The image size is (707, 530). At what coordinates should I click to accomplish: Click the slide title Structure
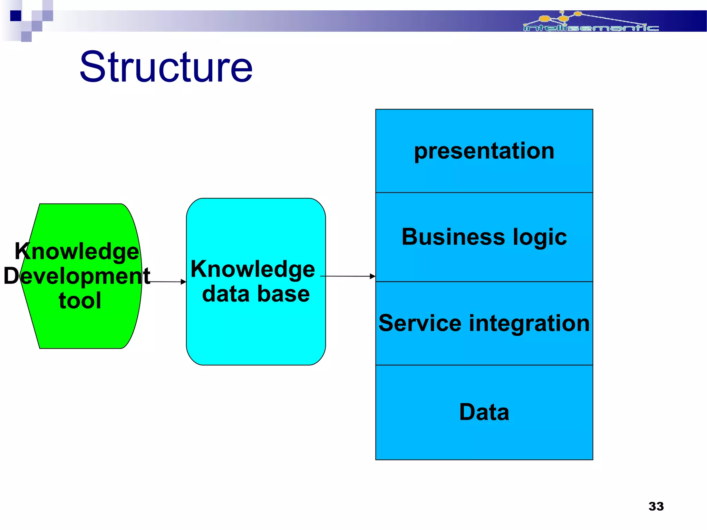166,67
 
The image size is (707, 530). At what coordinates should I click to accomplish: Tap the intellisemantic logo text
591,28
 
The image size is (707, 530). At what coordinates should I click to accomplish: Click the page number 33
656,506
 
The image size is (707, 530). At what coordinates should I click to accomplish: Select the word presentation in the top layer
484,151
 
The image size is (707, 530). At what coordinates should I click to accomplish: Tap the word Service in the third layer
420,323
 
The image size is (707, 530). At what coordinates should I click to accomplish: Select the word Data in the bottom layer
484,412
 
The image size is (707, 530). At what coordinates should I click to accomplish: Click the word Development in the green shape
77,276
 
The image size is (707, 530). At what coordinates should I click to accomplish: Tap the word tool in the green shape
80,301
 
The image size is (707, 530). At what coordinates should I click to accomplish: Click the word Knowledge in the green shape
77,251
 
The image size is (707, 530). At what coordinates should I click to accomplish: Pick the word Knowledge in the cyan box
253,269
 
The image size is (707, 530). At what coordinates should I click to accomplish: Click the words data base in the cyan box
256,294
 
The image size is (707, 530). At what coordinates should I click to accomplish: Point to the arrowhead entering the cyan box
184,282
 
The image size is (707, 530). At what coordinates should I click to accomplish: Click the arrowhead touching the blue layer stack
372,276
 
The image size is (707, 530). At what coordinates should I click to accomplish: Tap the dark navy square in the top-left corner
16,16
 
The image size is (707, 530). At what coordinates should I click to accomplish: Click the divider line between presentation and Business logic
484,193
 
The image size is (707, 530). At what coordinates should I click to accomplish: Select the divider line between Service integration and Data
484,365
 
